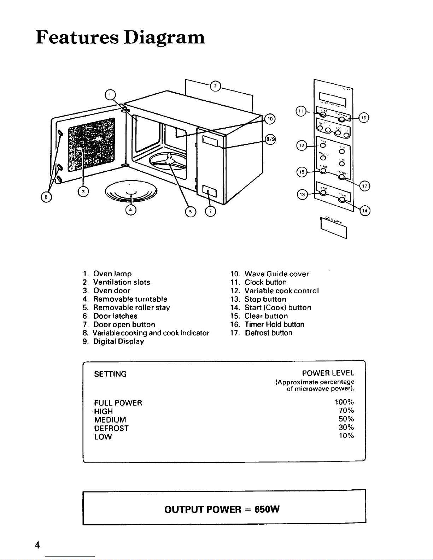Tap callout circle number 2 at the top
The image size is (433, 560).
click(x=215, y=86)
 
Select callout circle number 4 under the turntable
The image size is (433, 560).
click(x=131, y=210)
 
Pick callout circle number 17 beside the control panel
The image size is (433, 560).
click(x=364, y=185)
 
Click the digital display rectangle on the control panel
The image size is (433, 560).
click(x=332, y=97)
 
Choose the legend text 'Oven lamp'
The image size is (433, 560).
click(x=112, y=274)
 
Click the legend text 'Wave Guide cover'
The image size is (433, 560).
click(x=277, y=274)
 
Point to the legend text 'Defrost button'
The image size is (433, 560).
click(x=269, y=333)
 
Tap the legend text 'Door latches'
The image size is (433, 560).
click(x=115, y=316)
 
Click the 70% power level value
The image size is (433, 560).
click(x=346, y=411)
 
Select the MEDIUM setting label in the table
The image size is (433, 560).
click(x=110, y=420)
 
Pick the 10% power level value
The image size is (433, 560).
click(x=346, y=436)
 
